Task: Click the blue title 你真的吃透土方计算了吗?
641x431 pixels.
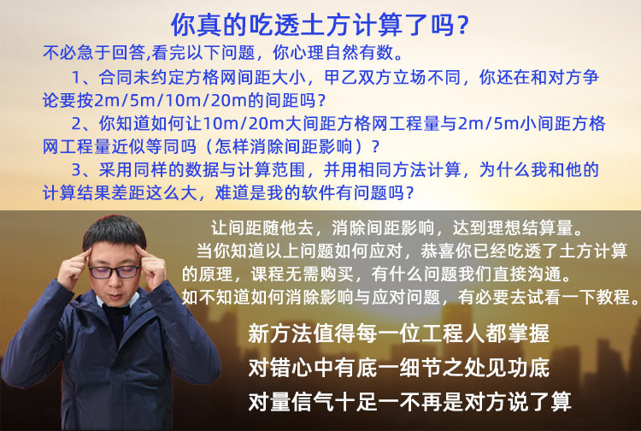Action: (x=320, y=25)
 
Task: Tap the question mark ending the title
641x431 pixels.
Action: (x=462, y=26)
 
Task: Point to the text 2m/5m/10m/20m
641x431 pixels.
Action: (x=170, y=101)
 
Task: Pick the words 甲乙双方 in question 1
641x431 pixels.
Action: (x=358, y=77)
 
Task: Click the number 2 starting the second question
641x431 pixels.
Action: (x=77, y=123)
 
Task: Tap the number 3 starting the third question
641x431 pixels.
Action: (x=77, y=169)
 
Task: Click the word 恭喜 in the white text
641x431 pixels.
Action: (x=438, y=251)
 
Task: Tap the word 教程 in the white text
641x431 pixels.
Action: (x=613, y=297)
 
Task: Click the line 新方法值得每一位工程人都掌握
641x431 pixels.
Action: (x=398, y=334)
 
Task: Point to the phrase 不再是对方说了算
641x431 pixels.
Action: (x=485, y=402)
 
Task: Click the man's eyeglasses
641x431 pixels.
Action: (x=115, y=272)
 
